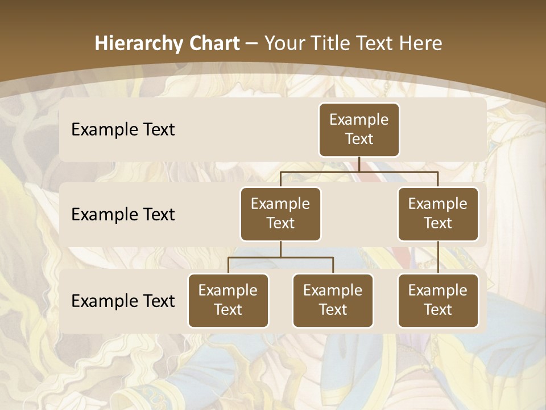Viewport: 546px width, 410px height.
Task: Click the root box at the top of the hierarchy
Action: [x=359, y=130]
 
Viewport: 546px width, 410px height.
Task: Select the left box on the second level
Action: [x=280, y=214]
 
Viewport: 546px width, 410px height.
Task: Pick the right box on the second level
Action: [x=438, y=214]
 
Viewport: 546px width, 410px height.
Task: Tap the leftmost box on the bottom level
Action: [x=228, y=301]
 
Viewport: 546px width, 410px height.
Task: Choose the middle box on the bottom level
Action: [x=333, y=301]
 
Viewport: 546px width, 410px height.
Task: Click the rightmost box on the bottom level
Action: [x=438, y=301]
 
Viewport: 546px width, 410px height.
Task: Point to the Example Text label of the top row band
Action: [x=123, y=130]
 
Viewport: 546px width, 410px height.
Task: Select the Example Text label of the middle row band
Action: [x=123, y=215]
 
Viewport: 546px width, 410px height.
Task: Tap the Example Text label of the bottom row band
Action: [x=123, y=301]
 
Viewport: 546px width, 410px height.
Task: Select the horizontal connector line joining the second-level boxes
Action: [x=359, y=171]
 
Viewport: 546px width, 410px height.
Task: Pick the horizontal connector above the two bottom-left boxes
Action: [x=280, y=257]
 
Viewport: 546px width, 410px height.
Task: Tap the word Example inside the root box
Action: [x=359, y=120]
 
